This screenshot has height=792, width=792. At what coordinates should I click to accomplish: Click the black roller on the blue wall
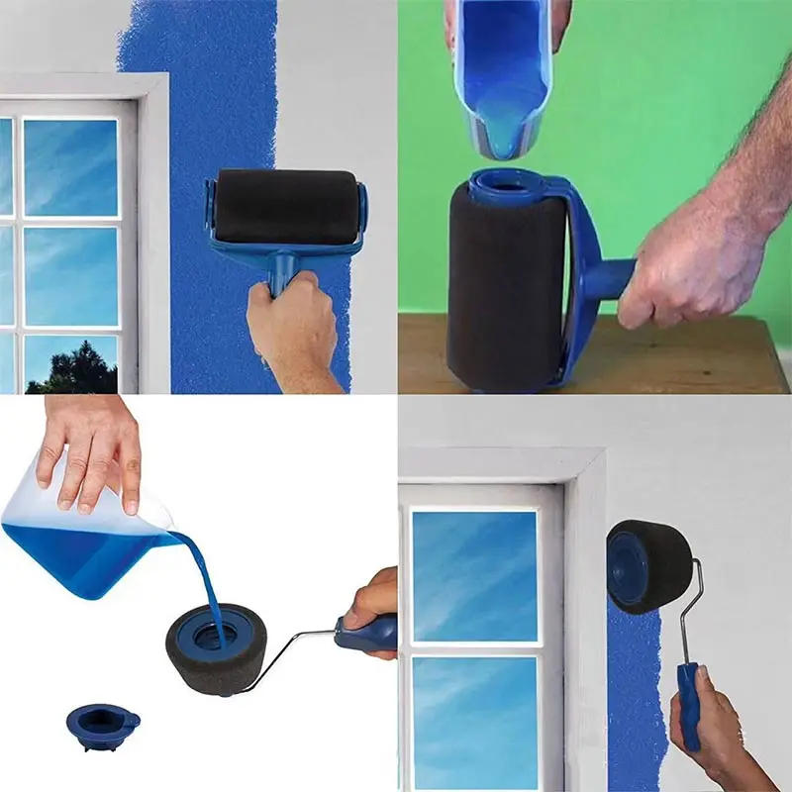tap(281, 206)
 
